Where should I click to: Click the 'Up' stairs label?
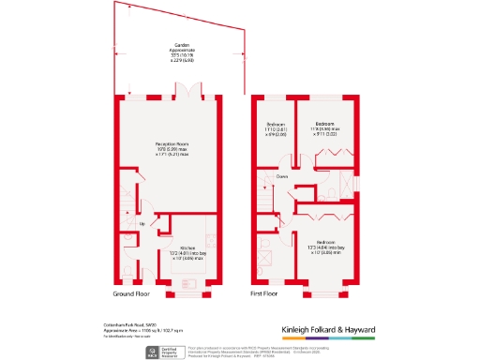point(142,224)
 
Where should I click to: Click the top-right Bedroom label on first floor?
point(325,123)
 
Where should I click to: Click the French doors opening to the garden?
point(192,93)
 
